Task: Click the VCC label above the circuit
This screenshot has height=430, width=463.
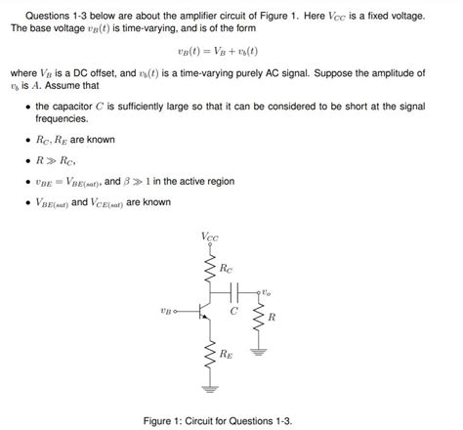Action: coord(210,236)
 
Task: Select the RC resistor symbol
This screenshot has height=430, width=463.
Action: coord(209,267)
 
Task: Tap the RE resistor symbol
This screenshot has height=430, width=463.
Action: coord(209,355)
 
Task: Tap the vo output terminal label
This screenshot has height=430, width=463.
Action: coord(267,291)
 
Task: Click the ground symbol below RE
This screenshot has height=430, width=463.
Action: coord(209,386)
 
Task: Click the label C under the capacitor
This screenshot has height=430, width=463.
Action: coord(233,311)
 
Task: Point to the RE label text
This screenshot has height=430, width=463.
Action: coord(227,355)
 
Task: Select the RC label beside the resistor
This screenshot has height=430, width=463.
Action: coord(227,267)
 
